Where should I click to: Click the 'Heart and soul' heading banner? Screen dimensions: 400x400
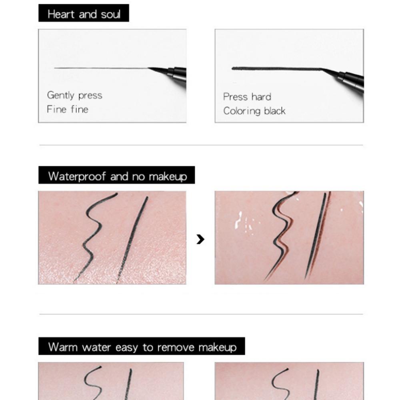pos(84,14)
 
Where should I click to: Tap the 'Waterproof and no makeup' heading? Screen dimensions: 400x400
pos(117,176)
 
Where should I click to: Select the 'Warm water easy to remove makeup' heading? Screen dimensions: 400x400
pos(142,347)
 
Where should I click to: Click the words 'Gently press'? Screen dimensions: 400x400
pos(74,96)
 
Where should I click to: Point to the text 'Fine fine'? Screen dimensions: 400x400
pos(67,109)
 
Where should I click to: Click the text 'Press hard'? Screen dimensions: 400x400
pos(247,97)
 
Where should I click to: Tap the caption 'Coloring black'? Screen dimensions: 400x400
pos(254,111)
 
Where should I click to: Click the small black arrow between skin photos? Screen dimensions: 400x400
pos(200,239)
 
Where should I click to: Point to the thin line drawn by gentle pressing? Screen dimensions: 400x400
pos(100,68)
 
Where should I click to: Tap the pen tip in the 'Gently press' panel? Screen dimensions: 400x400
pos(158,70)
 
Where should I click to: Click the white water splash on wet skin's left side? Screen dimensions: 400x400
pos(239,220)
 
